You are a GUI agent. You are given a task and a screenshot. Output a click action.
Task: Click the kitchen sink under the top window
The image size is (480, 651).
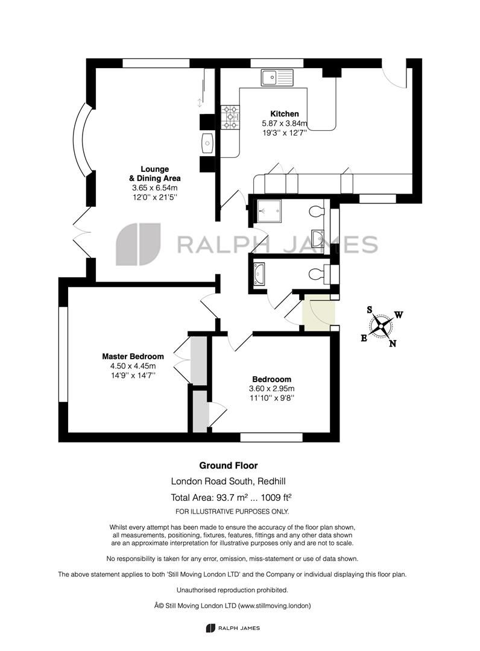coord(276,77)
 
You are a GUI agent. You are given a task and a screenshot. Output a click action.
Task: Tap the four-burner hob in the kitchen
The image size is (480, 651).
coord(230,118)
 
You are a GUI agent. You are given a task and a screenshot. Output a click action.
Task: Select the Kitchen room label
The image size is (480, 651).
coord(284,114)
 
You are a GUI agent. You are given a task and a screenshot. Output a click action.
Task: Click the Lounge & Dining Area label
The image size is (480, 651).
coord(154,174)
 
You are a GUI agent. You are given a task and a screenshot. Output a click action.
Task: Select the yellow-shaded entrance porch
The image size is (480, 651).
coord(317,313)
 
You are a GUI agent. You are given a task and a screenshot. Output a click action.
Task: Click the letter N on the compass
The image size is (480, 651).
coord(392,344)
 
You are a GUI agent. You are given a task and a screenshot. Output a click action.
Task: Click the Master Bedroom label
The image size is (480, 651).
coord(133,356)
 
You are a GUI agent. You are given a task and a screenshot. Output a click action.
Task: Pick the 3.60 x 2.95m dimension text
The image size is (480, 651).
coord(271,389)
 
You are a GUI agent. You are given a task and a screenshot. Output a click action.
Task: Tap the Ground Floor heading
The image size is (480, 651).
coord(229,465)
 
